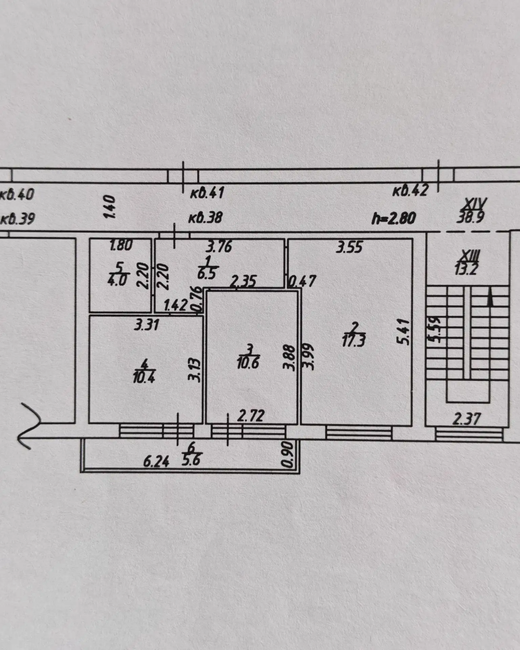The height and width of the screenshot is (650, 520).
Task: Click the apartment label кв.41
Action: pyautogui.click(x=207, y=193)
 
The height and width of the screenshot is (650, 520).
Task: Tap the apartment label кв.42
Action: pyautogui.click(x=410, y=191)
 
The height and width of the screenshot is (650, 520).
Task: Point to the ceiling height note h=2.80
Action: pyautogui.click(x=393, y=218)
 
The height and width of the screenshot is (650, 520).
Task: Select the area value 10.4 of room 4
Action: pyautogui.click(x=144, y=377)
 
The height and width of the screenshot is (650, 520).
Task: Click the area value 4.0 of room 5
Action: pyautogui.click(x=117, y=280)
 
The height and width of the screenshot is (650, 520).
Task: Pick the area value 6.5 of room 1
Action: pyautogui.click(x=207, y=274)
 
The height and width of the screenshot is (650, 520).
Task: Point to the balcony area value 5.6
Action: pyautogui.click(x=192, y=461)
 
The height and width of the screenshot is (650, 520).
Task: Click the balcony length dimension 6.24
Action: pyautogui.click(x=156, y=462)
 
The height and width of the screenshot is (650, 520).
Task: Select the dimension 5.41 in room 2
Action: pyautogui.click(x=405, y=332)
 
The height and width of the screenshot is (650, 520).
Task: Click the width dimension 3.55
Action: pyautogui.click(x=350, y=247)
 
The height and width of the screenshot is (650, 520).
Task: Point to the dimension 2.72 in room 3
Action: pyautogui.click(x=250, y=416)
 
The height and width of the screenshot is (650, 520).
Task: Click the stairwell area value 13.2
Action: pyautogui.click(x=466, y=269)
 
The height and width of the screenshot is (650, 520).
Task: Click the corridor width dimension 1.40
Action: pyautogui.click(x=109, y=207)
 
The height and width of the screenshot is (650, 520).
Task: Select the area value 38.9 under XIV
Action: pyautogui.click(x=470, y=217)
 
